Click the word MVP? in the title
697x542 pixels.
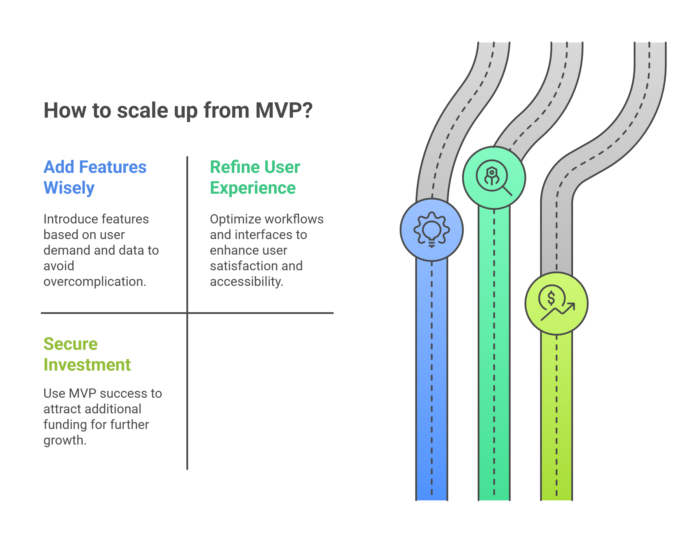(x=284, y=110)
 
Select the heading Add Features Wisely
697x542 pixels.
(x=95, y=177)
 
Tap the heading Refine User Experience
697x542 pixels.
(x=255, y=177)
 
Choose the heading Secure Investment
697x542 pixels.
(x=87, y=354)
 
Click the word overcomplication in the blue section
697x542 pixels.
(x=94, y=282)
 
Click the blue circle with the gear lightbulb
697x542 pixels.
(x=431, y=230)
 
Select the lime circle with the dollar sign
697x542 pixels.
(x=556, y=304)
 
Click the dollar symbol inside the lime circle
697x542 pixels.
(x=551, y=298)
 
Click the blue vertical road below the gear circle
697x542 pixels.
(x=431, y=380)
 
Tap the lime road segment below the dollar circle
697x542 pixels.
(x=556, y=417)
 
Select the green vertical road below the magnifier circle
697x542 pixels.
(x=494, y=354)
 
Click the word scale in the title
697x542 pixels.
(x=142, y=110)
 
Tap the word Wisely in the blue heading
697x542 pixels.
(x=69, y=188)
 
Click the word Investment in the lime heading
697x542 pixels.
(x=87, y=365)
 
